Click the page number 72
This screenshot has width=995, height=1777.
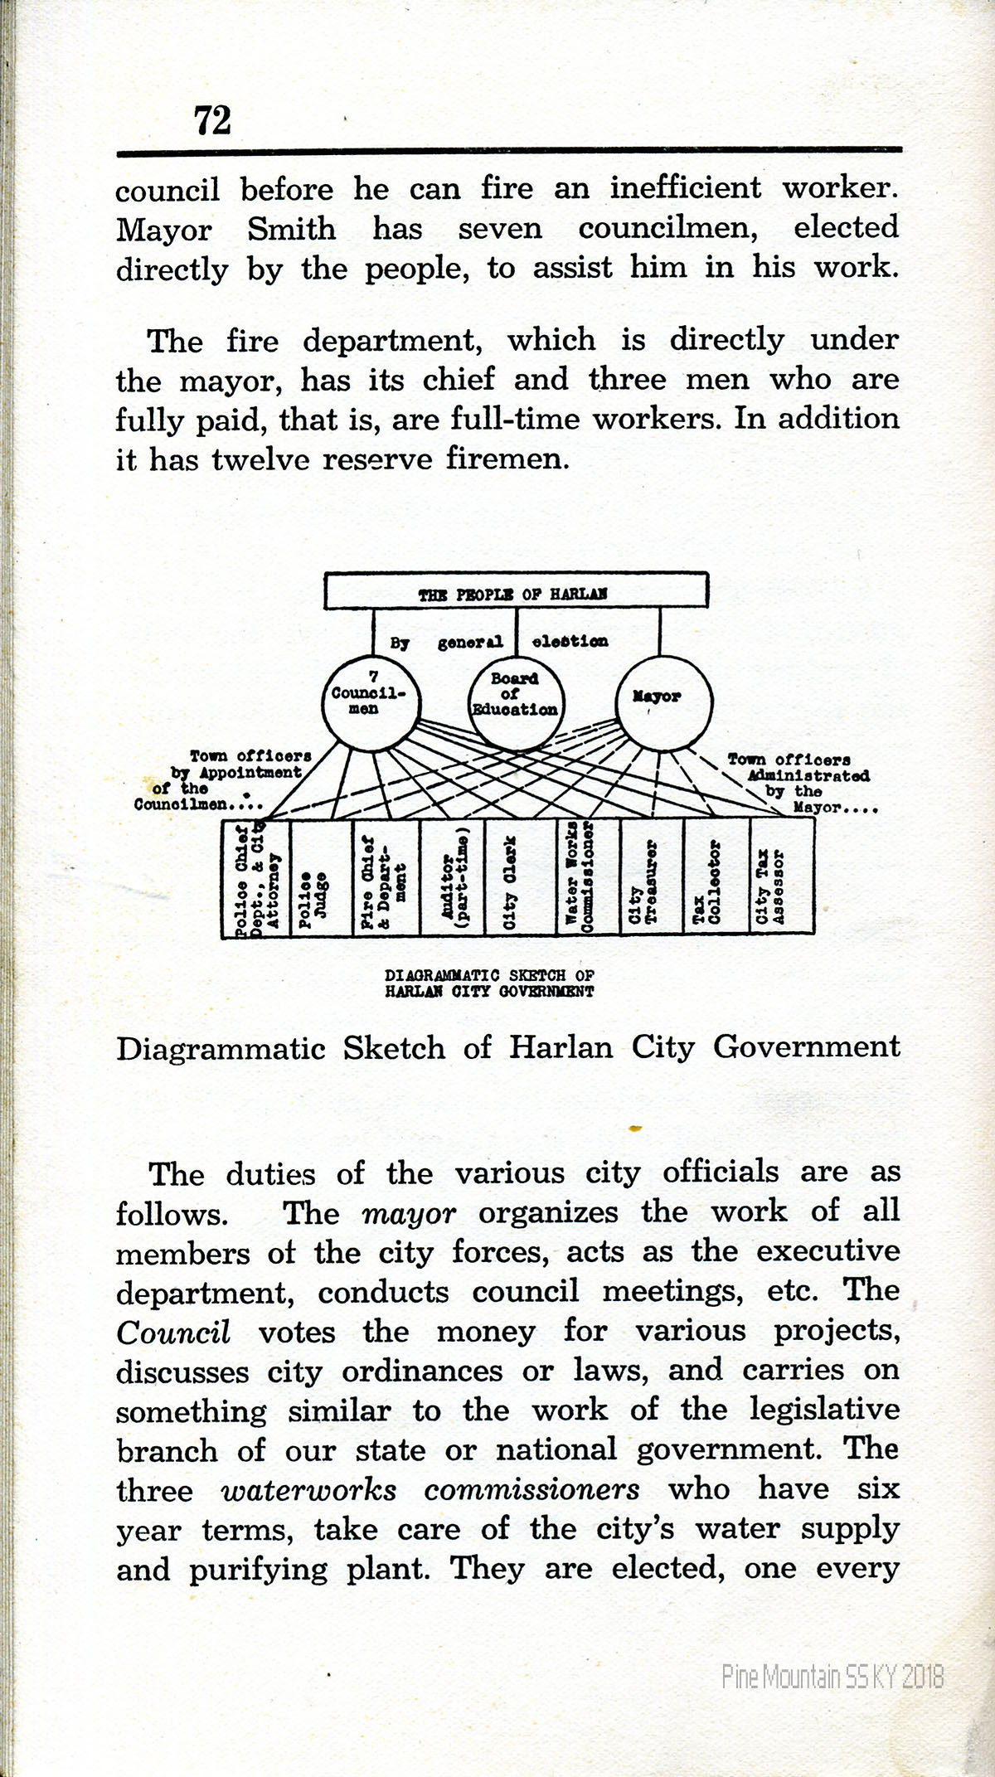click(x=212, y=120)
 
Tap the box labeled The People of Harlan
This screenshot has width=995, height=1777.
click(x=516, y=591)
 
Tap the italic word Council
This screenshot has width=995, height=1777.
click(x=172, y=1333)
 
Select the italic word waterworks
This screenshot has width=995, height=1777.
click(x=308, y=1490)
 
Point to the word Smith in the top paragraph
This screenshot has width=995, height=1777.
click(x=291, y=229)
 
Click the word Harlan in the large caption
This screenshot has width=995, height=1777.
click(x=561, y=1047)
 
